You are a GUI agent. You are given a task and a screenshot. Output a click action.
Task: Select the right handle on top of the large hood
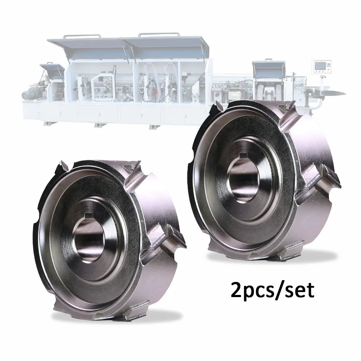click(158, 35)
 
